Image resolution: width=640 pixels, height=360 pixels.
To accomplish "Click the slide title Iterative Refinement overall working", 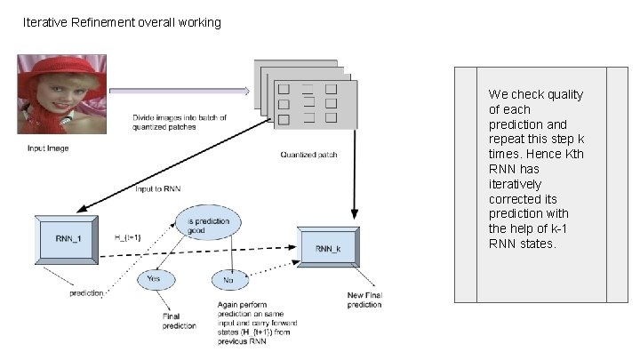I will pyautogui.click(x=122, y=22).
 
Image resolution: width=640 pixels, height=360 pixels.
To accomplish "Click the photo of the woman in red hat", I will pyautogui.click(x=62, y=93).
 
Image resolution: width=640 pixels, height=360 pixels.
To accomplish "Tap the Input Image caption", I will pyautogui.click(x=47, y=148).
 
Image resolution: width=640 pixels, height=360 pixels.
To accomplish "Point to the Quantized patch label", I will pyautogui.click(x=308, y=155).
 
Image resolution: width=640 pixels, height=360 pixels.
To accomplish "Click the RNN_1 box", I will pyautogui.click(x=66, y=238).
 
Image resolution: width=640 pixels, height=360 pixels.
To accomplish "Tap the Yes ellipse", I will pyautogui.click(x=153, y=280).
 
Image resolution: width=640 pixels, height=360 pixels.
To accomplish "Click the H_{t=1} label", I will pyautogui.click(x=130, y=238).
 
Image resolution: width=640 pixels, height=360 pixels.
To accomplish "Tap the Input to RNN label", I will pyautogui.click(x=157, y=188).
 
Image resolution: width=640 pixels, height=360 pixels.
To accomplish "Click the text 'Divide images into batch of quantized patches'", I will pyautogui.click(x=180, y=123).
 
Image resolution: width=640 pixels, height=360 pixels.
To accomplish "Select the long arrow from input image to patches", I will pyautogui.click(x=178, y=90).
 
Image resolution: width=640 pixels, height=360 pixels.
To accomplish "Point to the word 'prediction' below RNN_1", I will pyautogui.click(x=86, y=294).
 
